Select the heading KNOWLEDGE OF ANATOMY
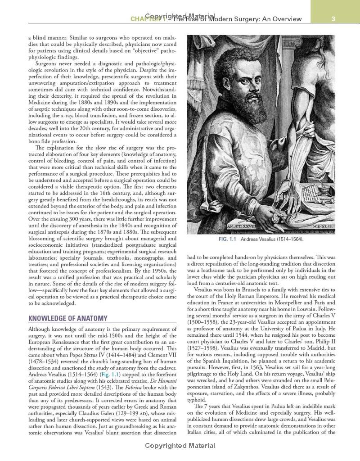pyautogui.click(x=68, y=318)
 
